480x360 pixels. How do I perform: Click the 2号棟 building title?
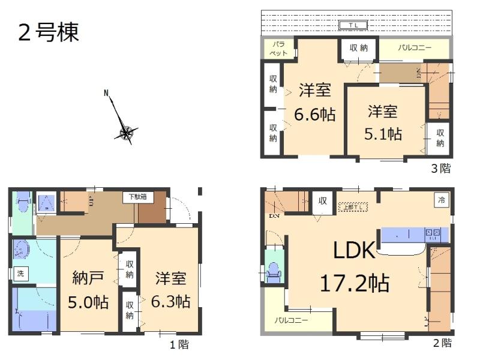coord(49,32)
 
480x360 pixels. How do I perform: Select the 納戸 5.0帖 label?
coord(89,290)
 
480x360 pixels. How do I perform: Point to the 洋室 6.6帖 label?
coord(314,102)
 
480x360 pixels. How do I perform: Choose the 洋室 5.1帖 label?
coord(383,122)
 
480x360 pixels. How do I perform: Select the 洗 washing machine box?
coord(20,274)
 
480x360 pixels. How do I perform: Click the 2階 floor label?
coord(442,343)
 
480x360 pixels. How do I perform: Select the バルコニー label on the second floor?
coord(292,320)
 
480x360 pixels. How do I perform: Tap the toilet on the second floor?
coord(275,271)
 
